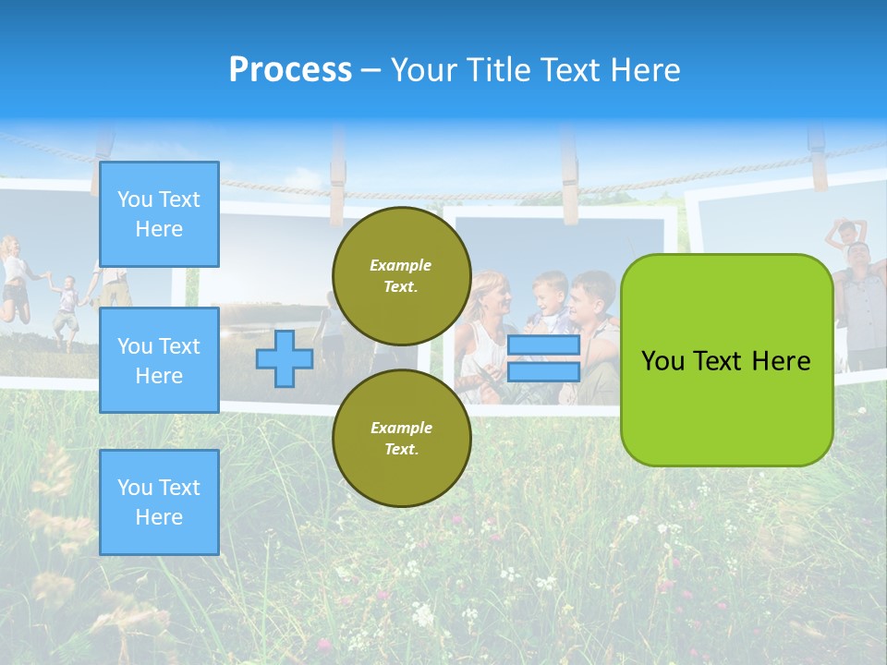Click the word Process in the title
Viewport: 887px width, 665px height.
290,70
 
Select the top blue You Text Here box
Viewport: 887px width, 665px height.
159,214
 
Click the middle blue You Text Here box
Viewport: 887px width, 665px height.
159,360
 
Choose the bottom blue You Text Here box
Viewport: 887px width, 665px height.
159,502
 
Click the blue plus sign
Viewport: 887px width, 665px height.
285,358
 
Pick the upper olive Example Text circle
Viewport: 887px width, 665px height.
402,275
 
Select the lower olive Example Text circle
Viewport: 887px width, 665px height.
402,438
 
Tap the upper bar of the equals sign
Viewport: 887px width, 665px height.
543,345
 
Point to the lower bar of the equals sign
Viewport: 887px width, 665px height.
543,371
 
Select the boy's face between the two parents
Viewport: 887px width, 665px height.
550,289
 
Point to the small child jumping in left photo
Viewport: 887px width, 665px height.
65,305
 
